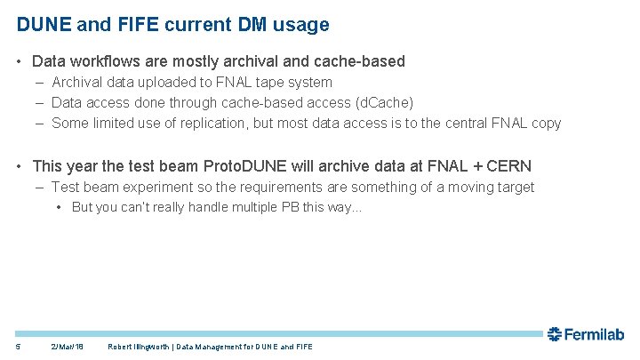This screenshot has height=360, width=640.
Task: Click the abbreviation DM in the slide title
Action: (x=246, y=25)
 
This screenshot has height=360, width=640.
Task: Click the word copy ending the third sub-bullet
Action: (x=545, y=123)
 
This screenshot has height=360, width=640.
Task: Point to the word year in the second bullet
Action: (x=84, y=165)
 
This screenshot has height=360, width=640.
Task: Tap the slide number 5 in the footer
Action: (x=17, y=346)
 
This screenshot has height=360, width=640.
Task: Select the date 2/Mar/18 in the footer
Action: (x=68, y=346)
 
